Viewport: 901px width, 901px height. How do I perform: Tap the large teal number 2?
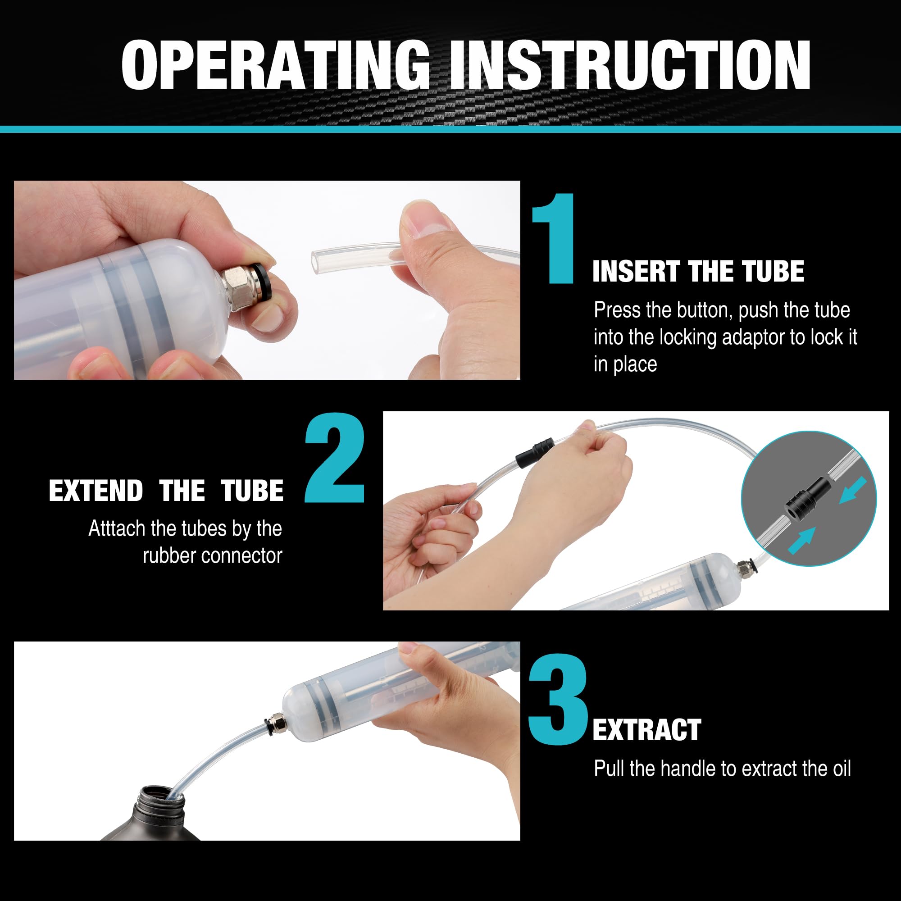click(335, 459)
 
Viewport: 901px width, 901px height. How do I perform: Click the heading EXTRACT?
click(646, 730)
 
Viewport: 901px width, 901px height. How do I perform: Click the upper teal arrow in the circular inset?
click(853, 490)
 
